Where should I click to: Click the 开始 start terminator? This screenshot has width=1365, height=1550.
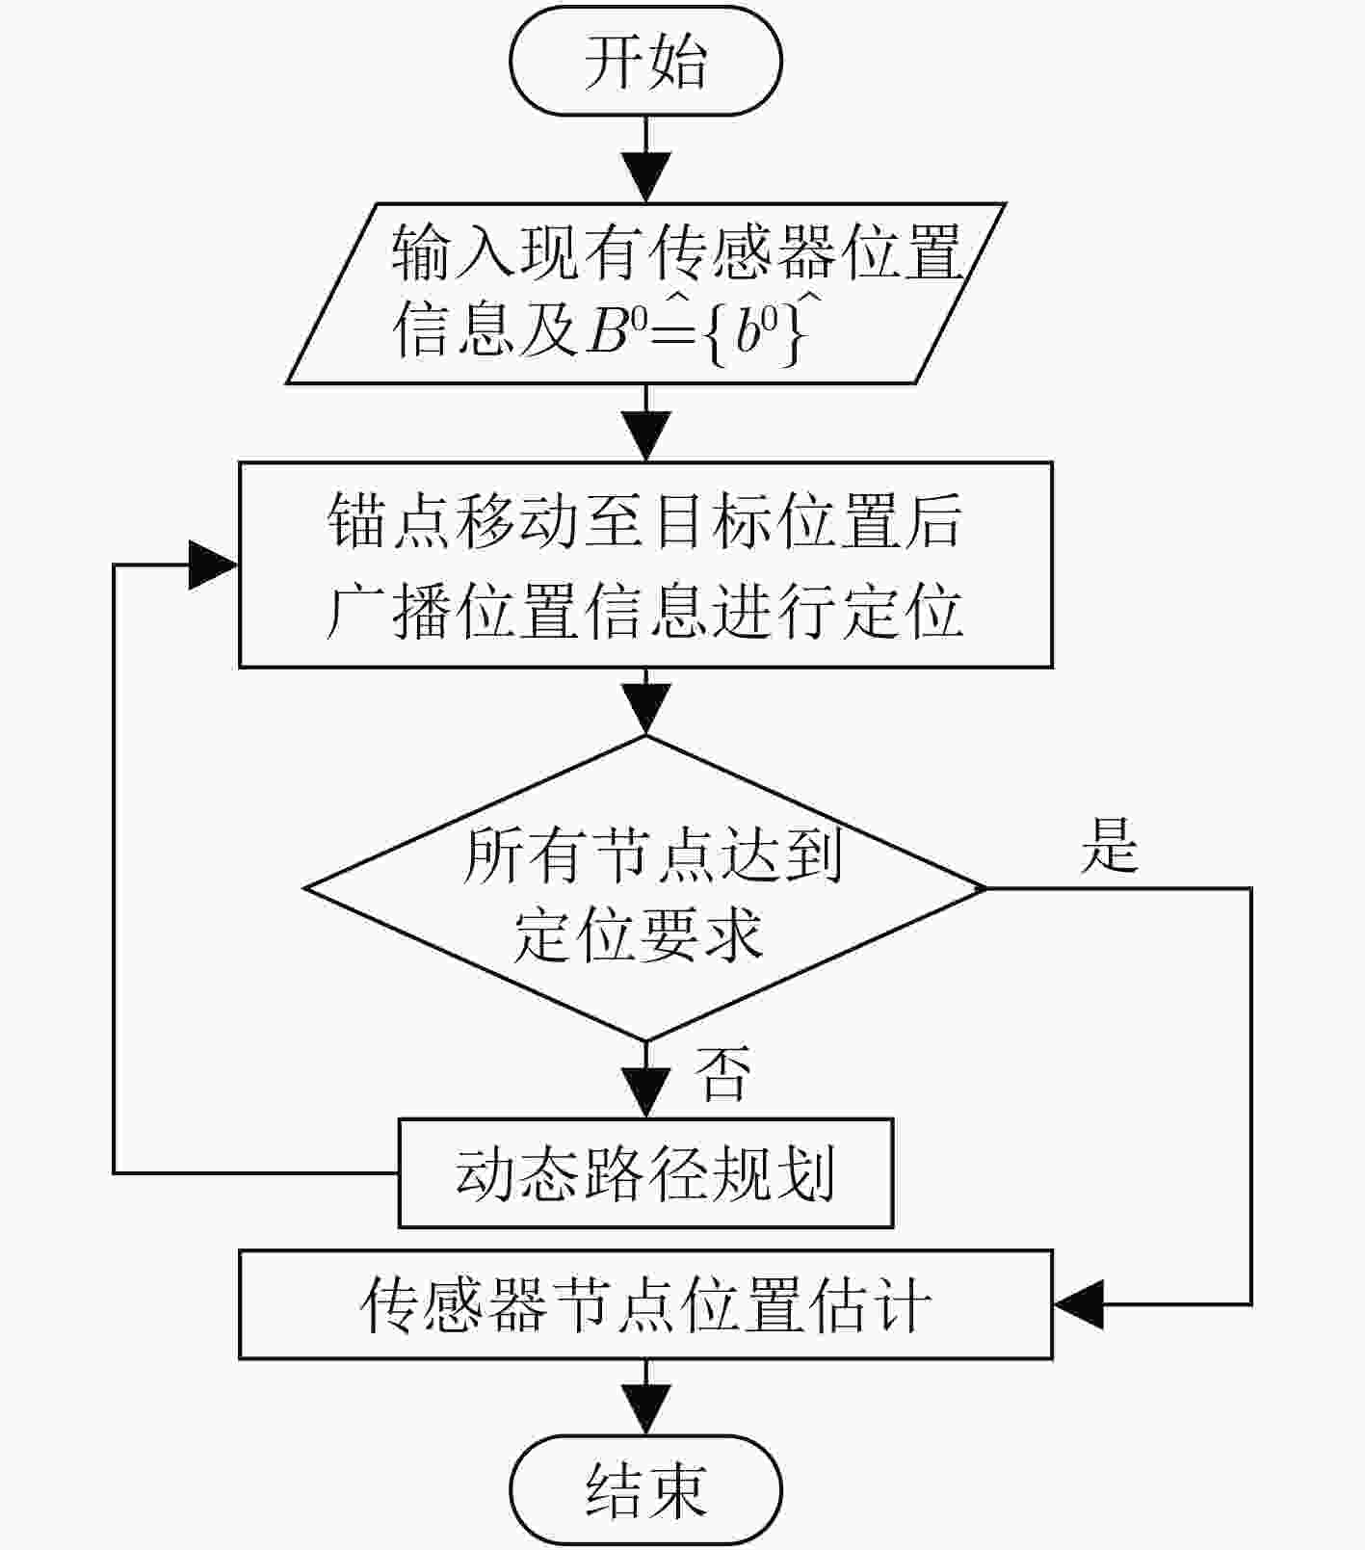[645, 62]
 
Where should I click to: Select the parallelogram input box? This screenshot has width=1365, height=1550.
[645, 293]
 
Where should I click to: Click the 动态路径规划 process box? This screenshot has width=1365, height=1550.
[645, 1172]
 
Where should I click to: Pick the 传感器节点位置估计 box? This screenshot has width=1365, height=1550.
[645, 1304]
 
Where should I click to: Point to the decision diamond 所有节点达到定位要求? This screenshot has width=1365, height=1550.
[645, 888]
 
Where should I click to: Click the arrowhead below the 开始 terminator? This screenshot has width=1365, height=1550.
[645, 176]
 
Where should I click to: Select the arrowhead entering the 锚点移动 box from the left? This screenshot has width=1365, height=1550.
[214, 565]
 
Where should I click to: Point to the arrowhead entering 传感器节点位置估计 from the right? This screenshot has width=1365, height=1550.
[1078, 1304]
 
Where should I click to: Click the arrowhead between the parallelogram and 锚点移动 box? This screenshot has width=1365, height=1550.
[645, 436]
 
